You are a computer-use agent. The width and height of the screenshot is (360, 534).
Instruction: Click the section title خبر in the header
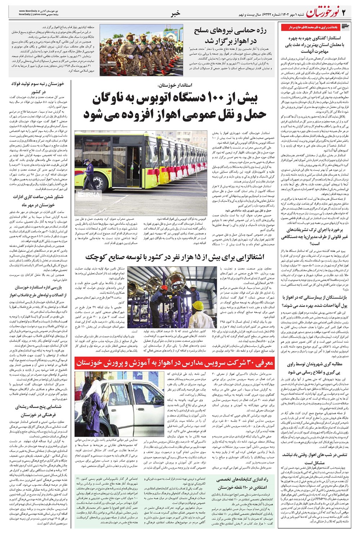(175, 14)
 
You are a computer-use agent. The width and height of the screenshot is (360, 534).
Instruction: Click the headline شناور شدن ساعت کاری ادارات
(38, 201)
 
